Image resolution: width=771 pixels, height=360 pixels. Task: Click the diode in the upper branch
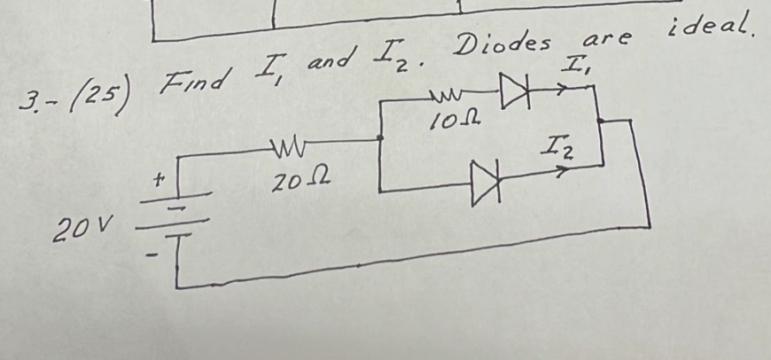click(513, 90)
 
